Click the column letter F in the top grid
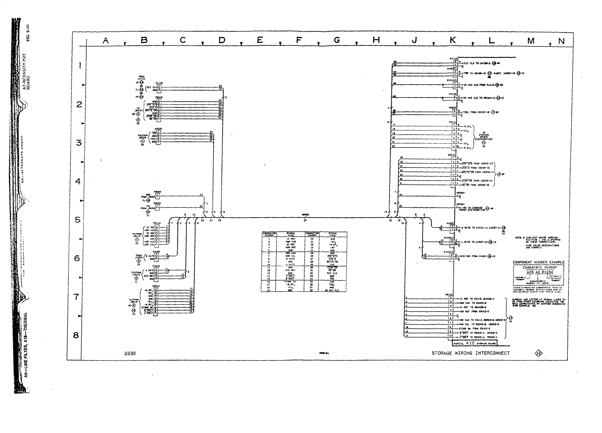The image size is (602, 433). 298,40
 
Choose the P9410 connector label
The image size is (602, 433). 157,223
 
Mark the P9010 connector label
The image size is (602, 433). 156,286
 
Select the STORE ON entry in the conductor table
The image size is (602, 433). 291,282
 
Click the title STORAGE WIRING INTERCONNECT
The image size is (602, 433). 470,353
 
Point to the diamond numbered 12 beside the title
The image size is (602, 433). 538,353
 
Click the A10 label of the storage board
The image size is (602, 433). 471,343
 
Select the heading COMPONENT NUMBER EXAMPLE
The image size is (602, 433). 538,262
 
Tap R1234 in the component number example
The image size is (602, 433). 547,272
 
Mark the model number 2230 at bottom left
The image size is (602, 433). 130,353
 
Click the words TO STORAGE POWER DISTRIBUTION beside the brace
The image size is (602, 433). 483,136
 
